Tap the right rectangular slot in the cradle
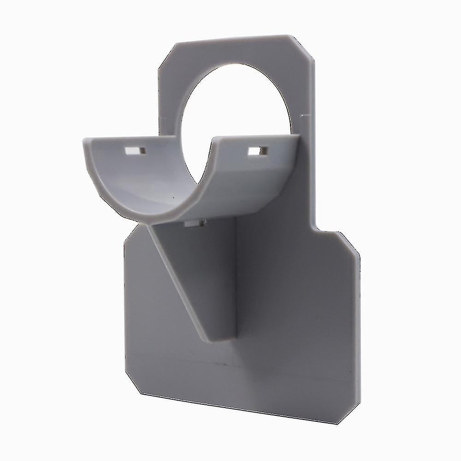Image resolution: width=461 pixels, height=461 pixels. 257,151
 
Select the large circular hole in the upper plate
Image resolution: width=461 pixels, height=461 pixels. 235,106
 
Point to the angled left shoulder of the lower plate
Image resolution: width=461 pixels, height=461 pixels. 131,233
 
